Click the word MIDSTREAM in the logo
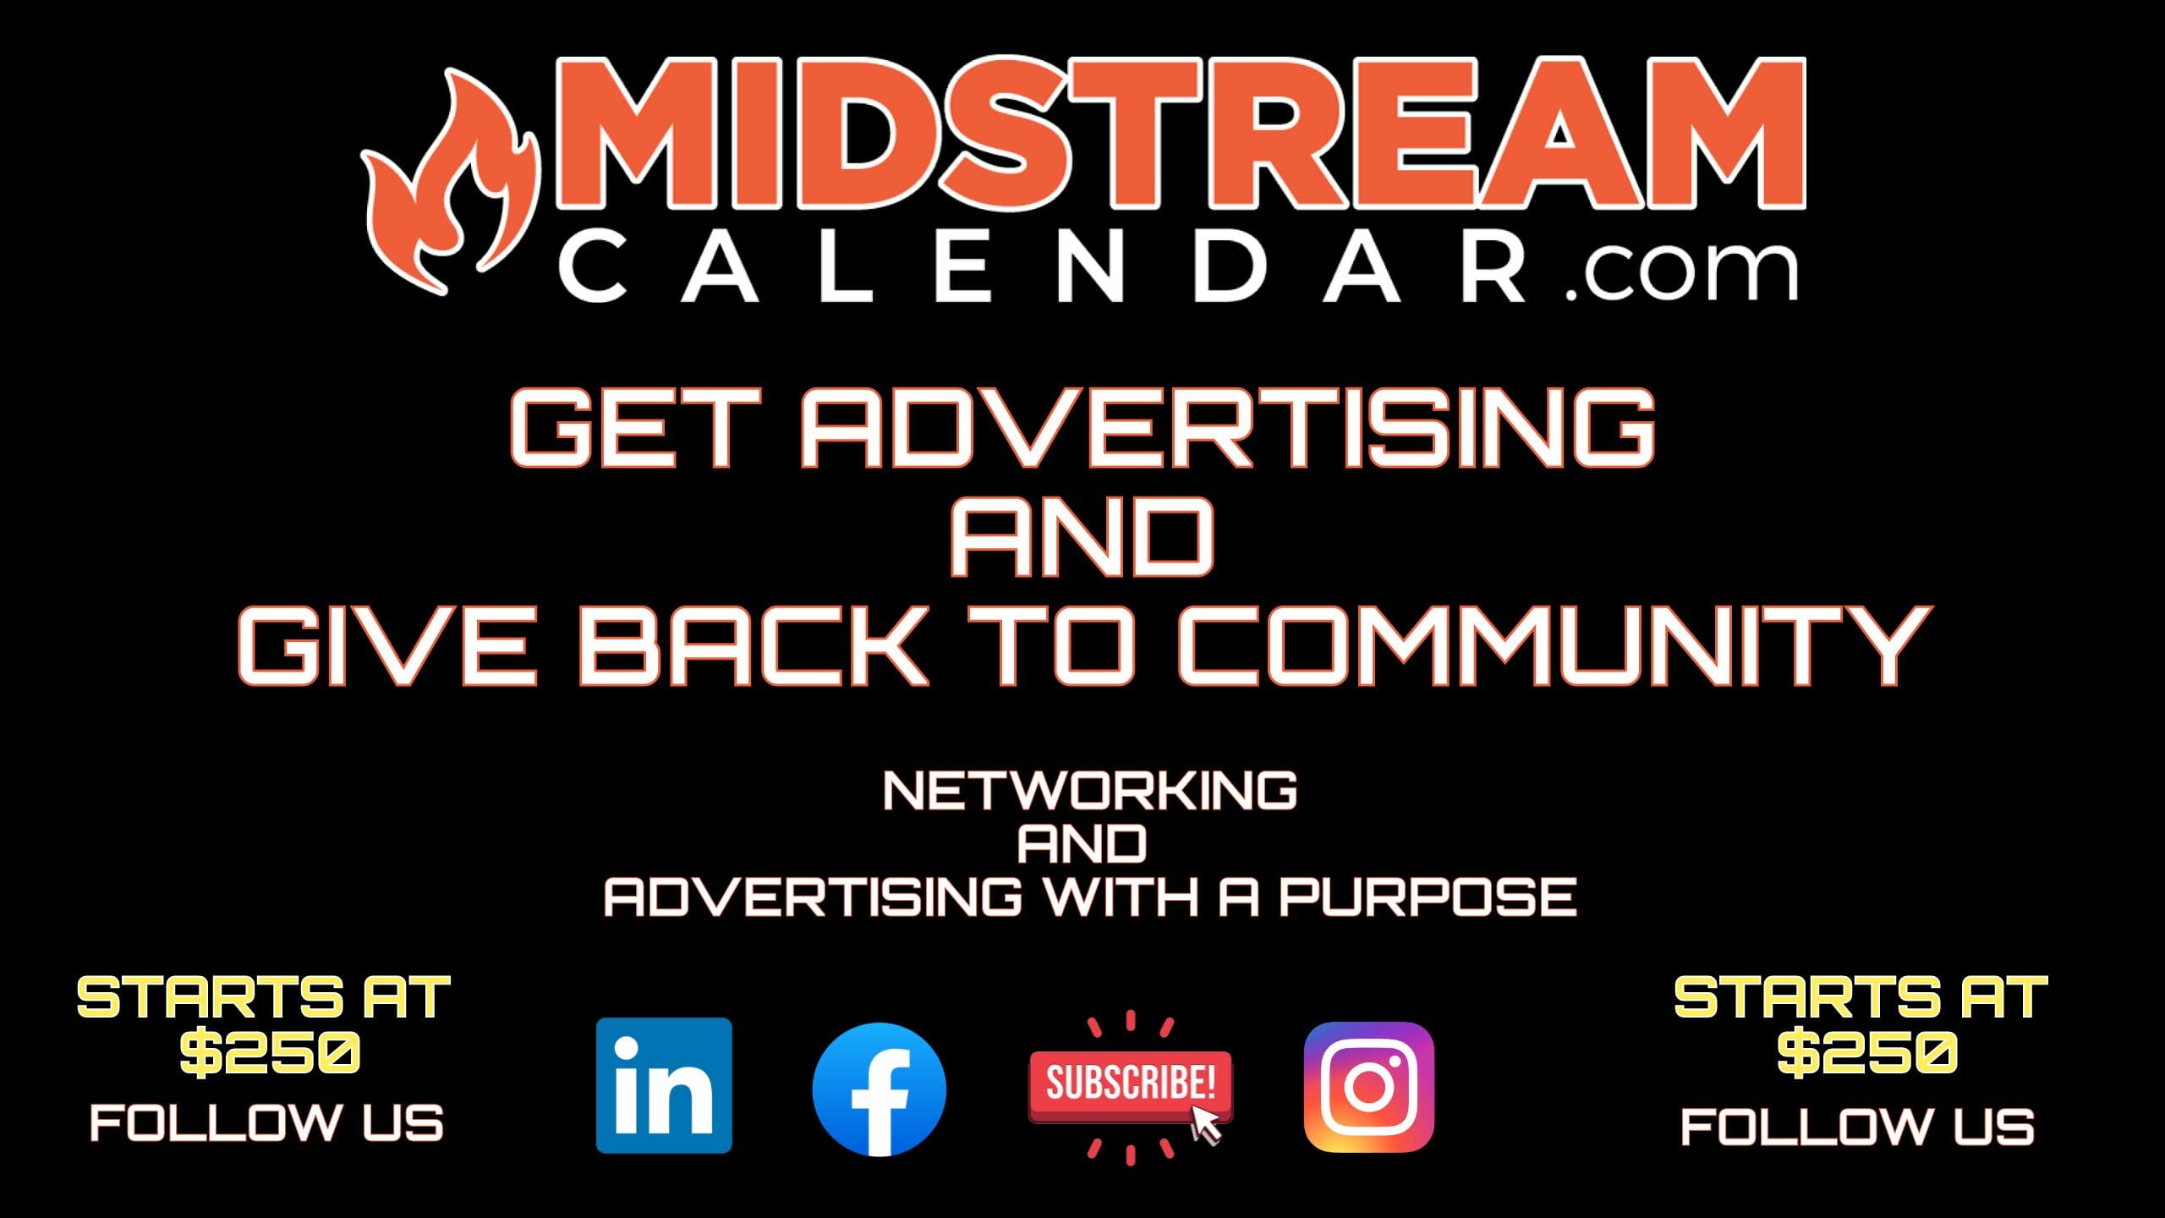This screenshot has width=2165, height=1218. [x=1180, y=134]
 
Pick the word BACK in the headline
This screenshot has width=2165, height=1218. [x=754, y=646]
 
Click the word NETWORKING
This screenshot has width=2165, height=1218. [x=1089, y=792]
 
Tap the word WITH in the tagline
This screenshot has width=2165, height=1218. [x=1121, y=897]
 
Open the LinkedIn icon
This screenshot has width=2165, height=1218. [x=664, y=1085]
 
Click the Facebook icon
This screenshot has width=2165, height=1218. [x=879, y=1089]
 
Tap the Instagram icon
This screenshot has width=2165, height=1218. [x=1368, y=1087]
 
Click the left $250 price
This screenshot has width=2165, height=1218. [x=271, y=1053]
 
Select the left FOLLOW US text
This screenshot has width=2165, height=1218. [x=266, y=1123]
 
